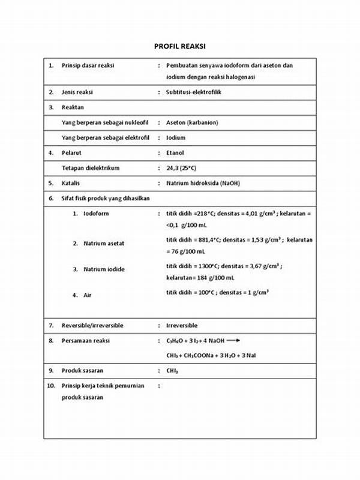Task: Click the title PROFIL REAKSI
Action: pos(180,46)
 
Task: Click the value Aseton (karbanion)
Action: pos(192,122)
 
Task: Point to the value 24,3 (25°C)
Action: pos(185,168)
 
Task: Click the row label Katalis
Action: pos(71,183)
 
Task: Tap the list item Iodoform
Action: pos(96,214)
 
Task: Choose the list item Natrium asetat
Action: pos(104,244)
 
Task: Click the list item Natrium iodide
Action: pos(104,269)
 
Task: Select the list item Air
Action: pos(88,295)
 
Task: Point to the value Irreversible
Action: pos(182,325)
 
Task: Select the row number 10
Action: pos(51,386)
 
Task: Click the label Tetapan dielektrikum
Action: pos(91,168)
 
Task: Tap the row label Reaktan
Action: pos(73,107)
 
